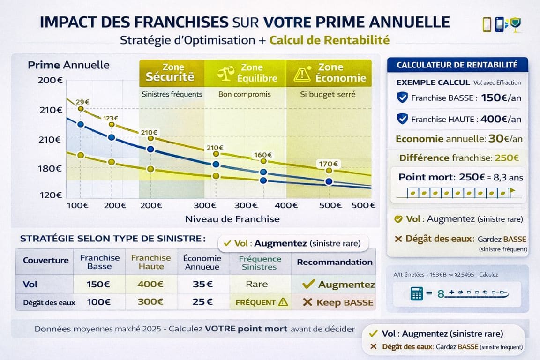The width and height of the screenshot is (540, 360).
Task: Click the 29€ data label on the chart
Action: [83, 102]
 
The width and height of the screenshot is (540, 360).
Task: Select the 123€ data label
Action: [111, 118]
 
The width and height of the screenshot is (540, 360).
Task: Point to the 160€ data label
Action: [263, 155]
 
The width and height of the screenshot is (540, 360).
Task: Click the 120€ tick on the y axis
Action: [50, 195]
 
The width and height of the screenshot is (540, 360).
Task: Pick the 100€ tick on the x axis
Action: [78, 205]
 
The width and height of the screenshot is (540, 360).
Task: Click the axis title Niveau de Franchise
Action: [232, 219]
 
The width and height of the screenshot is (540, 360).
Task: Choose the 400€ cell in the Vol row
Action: [150, 284]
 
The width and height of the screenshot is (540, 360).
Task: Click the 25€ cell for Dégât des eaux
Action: [202, 302]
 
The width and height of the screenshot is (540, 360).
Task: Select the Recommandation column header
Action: [334, 262]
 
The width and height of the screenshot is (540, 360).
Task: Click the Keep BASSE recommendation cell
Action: [338, 302]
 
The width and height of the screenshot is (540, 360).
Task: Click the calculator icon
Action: [416, 294]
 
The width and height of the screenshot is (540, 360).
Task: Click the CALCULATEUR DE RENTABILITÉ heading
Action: [457, 65]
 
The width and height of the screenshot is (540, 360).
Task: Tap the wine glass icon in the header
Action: [515, 24]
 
